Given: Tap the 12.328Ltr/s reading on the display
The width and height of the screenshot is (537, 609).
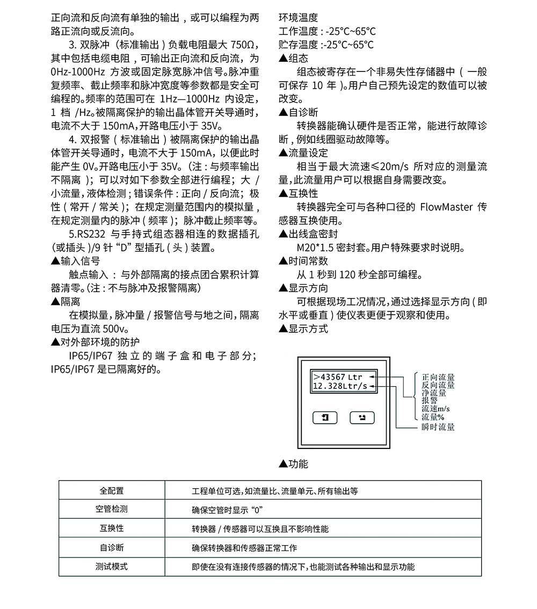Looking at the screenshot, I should pyautogui.click(x=340, y=386).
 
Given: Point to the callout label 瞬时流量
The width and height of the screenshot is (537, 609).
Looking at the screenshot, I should pyautogui.click(x=438, y=427).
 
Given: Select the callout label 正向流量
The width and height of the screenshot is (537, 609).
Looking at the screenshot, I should pyautogui.click(x=438, y=377).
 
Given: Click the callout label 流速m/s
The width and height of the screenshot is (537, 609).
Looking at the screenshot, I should pyautogui.click(x=436, y=409).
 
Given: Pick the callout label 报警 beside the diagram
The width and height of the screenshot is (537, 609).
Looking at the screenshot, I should pyautogui.click(x=430, y=401).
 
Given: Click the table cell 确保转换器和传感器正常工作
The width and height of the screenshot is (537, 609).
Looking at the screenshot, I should pyautogui.click(x=244, y=548).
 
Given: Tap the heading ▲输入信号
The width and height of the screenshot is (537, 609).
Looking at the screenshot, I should pyautogui.click(x=75, y=261).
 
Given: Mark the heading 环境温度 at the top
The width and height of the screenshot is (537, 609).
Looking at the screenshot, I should pyautogui.click(x=299, y=18).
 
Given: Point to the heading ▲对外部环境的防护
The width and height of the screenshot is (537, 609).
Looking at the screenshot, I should pyautogui.click(x=95, y=342).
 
